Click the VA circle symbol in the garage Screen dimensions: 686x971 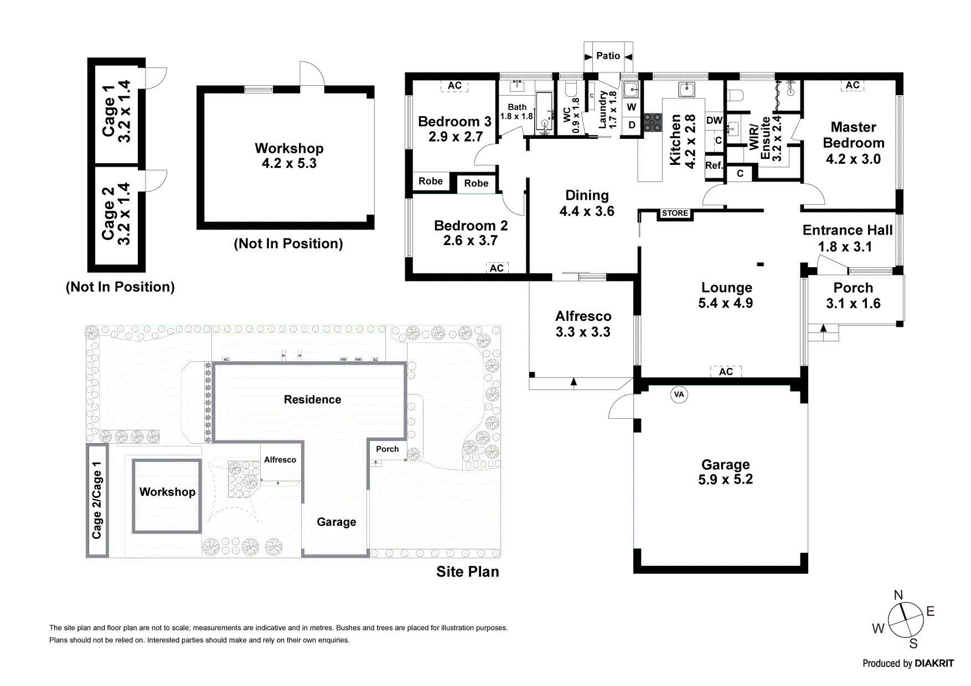679,394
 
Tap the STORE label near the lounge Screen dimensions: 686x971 675,213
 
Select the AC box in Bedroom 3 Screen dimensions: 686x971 454,85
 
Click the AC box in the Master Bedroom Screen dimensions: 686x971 853,85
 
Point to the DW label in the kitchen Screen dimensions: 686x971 714,121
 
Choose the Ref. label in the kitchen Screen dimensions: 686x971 714,165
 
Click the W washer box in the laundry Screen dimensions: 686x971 632,107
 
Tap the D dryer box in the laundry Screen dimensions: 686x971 632,125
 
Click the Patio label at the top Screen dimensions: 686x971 608,56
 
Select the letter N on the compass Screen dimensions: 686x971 898,595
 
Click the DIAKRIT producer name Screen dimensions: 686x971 934,663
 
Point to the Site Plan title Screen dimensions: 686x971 467,571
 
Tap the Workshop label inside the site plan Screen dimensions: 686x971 167,492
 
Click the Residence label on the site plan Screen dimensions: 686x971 312,399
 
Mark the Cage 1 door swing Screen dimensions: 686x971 155,78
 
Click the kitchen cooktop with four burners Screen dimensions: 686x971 652,122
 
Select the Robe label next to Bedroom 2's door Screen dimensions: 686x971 476,183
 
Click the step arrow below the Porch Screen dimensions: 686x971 823,328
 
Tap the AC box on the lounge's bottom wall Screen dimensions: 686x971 726,372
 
